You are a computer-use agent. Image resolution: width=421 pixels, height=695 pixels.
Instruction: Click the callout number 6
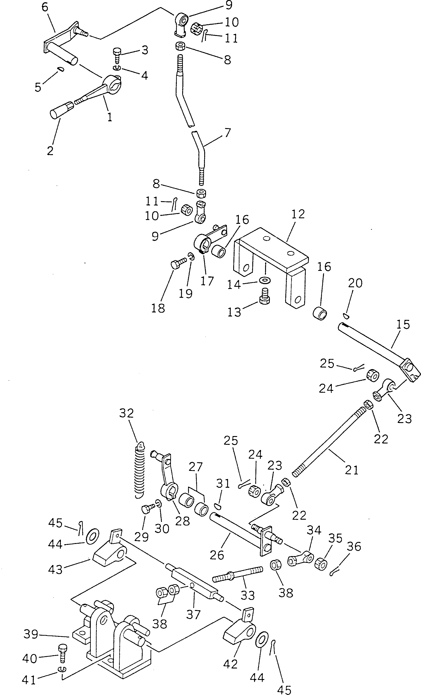(45, 8)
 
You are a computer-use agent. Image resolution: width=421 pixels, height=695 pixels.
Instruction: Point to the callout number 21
(351, 470)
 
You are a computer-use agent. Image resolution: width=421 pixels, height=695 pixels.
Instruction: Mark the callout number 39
(31, 634)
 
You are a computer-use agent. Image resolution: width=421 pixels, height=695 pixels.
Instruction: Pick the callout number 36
(354, 546)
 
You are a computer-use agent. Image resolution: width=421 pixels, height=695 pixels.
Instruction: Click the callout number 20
(355, 283)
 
